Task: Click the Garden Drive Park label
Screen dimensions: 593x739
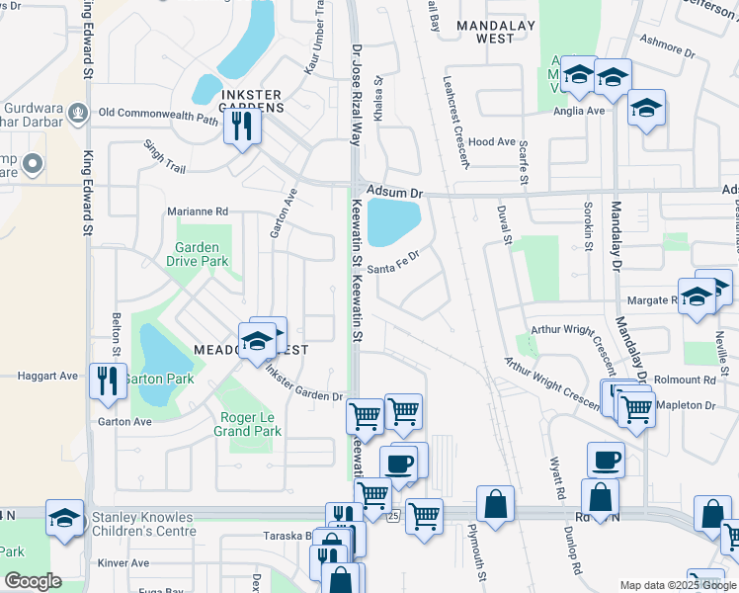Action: coord(202,254)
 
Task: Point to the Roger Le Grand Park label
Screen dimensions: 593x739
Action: coord(250,424)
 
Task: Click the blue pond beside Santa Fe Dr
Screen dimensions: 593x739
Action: coord(393,222)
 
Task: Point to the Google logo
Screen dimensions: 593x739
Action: coord(33,580)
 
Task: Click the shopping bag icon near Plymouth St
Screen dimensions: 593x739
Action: coord(495,504)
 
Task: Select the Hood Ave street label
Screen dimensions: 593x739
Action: coord(493,142)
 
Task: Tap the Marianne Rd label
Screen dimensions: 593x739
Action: coord(198,212)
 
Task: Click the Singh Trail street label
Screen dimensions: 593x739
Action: coord(164,156)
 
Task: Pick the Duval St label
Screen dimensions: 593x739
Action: coord(507,224)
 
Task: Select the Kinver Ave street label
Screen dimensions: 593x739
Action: coord(123,563)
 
